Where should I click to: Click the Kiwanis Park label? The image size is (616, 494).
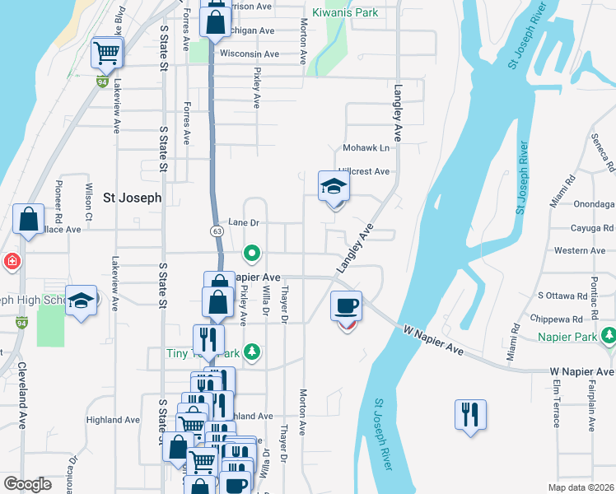(350, 13)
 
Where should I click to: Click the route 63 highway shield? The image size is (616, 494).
(216, 231)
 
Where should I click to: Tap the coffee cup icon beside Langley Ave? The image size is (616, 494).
(347, 305)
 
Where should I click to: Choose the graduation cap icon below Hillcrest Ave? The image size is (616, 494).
(334, 186)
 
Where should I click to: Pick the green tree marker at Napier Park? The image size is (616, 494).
(609, 336)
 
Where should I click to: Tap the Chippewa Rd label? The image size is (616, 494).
(559, 317)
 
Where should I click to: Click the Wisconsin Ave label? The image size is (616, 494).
(249, 54)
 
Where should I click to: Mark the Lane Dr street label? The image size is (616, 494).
(244, 222)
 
